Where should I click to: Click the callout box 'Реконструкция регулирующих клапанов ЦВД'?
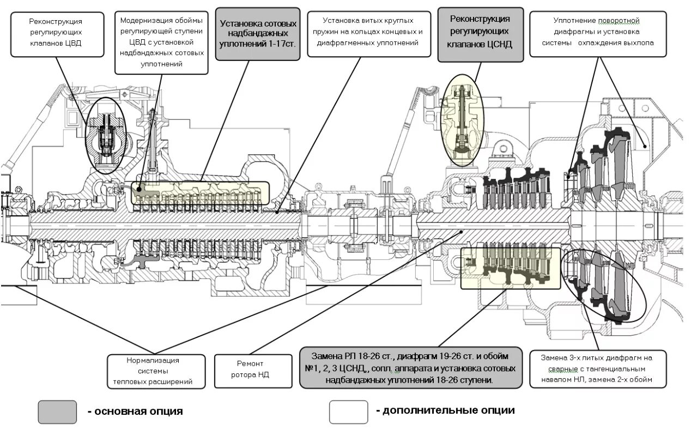click(57, 33)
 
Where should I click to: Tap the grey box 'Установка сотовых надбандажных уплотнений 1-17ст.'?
click(258, 33)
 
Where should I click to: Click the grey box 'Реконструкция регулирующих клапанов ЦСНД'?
click(480, 32)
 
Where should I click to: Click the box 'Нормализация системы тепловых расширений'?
click(156, 371)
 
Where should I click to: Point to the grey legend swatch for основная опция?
click(57, 412)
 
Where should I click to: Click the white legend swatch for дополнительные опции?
click(348, 412)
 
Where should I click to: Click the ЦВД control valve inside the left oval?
click(105, 136)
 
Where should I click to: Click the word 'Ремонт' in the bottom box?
click(250, 364)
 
